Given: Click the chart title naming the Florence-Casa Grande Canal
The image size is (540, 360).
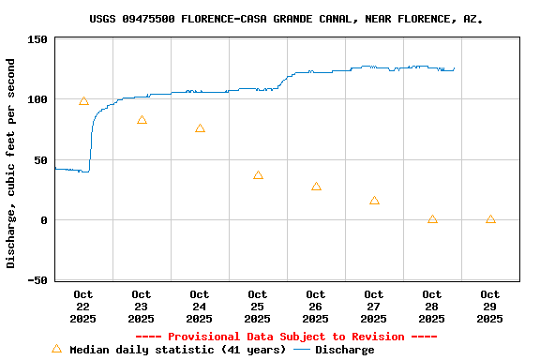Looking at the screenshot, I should pos(286,19).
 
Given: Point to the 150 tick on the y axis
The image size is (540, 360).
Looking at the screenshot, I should pos(37,39).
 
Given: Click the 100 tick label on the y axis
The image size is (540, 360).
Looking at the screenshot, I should pos(37,99).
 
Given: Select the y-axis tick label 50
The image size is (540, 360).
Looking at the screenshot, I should pos(40,160).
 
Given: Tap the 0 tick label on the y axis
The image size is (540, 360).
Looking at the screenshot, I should pos(44,220).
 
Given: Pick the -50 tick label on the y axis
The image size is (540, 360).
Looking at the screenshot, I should pos(37,280).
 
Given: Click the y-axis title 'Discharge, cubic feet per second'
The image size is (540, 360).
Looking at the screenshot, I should pos(11,163).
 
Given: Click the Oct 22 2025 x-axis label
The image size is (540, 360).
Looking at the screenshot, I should pos(83,307).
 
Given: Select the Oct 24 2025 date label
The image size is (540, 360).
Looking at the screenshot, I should pos(200,307).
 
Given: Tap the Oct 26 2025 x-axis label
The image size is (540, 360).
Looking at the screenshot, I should pos(316,307).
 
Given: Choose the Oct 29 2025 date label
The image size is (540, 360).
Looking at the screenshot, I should pos(490,307).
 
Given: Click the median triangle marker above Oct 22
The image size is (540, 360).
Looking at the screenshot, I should pos(83,101).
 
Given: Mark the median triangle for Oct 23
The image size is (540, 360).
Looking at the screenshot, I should pos(142,120).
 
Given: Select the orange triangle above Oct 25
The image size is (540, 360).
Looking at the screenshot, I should pos(258,175).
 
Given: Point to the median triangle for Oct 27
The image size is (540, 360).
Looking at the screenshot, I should pos(374,201).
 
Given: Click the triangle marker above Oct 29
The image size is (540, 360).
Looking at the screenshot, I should pos(490,219).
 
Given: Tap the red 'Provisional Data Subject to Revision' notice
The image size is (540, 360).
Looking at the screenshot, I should pos(286,337).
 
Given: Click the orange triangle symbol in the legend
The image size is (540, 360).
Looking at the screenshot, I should pos(56,349).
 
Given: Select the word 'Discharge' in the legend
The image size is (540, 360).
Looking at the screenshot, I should pos(344,350).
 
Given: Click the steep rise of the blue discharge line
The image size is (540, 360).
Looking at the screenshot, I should pos(91,141).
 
